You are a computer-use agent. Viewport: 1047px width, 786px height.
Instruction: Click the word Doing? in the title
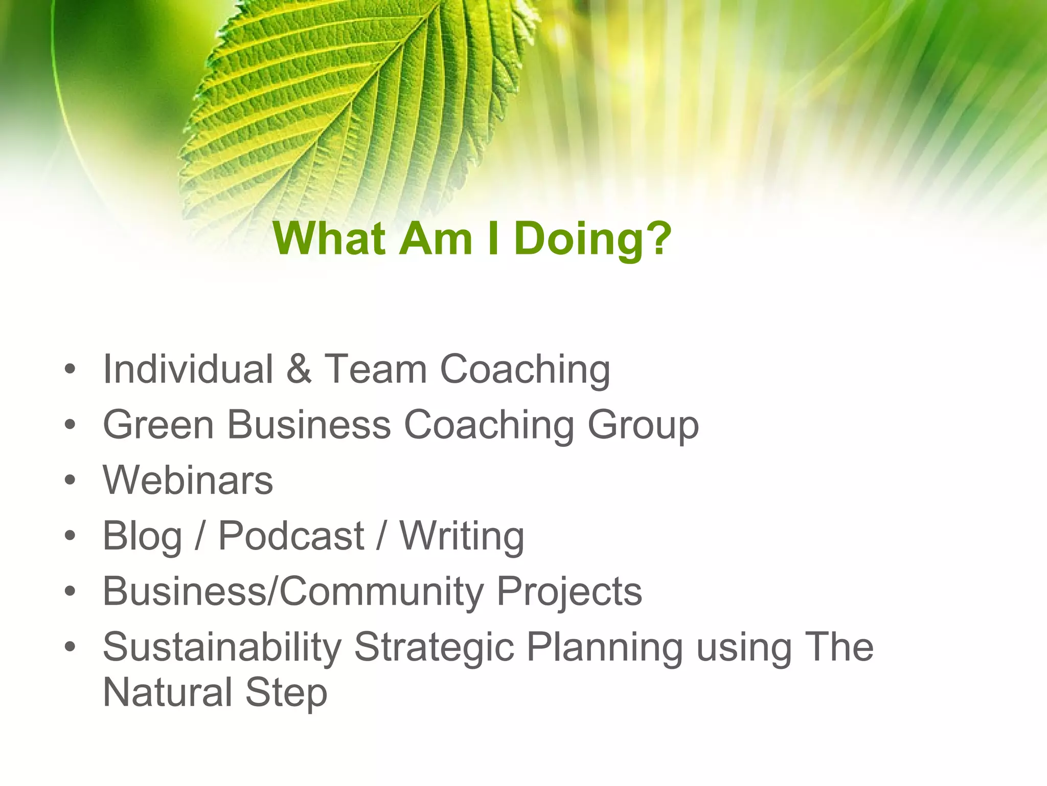[x=593, y=239]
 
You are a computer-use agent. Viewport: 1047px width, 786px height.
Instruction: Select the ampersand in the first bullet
[x=299, y=369]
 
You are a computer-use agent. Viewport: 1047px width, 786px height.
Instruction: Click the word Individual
[x=188, y=369]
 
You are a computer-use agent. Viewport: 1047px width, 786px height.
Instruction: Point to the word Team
[x=376, y=369]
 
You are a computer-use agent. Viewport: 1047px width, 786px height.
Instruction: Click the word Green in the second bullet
[x=158, y=425]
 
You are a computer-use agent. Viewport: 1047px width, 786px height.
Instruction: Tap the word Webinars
[x=188, y=481]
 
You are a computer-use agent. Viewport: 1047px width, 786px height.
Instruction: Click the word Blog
[x=142, y=536]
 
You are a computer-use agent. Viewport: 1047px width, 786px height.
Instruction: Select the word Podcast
[x=291, y=536]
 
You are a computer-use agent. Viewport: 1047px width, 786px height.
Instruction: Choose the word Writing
[x=462, y=536]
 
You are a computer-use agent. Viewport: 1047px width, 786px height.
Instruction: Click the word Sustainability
[x=222, y=647]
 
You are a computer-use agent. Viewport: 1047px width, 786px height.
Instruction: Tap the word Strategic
[x=434, y=647]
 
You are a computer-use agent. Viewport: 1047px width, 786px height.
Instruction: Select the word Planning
[x=604, y=647]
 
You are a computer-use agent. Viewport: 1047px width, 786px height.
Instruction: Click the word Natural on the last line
[x=168, y=692]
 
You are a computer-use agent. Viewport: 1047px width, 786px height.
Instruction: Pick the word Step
[x=286, y=693]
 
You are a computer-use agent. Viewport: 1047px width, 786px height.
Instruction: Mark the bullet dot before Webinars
[x=70, y=480]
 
